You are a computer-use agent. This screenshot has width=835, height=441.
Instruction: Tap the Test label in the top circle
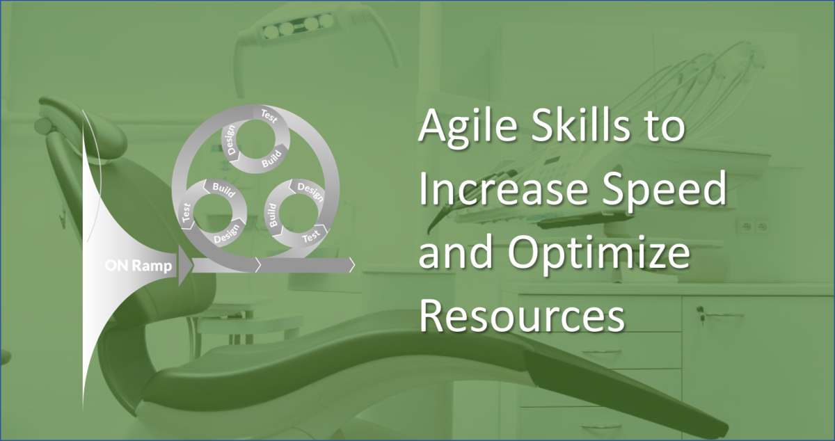click(x=269, y=114)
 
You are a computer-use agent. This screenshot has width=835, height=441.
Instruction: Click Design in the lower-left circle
click(x=227, y=237)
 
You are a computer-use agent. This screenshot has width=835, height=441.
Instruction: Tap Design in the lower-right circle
click(x=310, y=189)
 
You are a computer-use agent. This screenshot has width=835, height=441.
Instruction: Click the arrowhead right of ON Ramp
click(x=185, y=265)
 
